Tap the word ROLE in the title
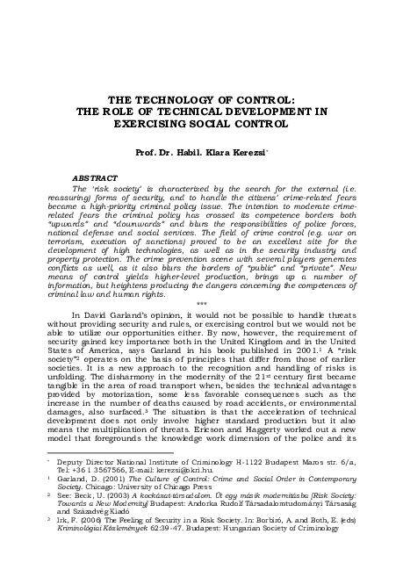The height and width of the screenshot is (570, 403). pos(132,112)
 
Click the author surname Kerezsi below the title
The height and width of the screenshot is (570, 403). pos(242,150)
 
